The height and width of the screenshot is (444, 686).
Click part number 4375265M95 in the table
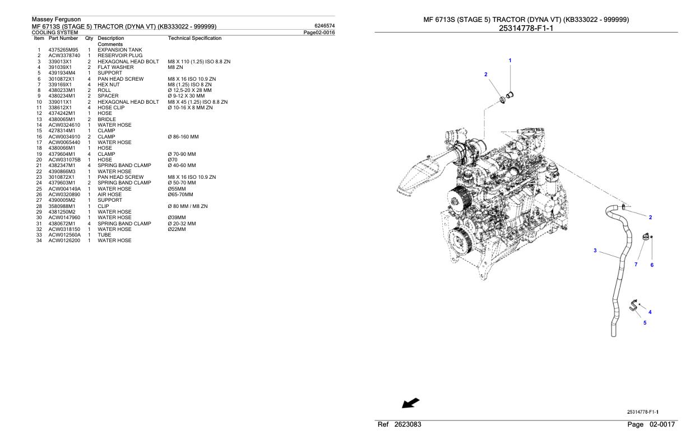coord(63,50)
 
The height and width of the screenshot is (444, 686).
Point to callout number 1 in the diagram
coord(509,60)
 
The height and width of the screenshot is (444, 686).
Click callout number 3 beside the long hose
coord(595,250)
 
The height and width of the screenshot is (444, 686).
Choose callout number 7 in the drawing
coord(636,265)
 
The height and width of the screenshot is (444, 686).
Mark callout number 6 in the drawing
coord(652,265)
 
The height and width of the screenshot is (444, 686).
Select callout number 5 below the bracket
coord(645,322)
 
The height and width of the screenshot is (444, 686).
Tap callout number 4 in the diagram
coord(650,312)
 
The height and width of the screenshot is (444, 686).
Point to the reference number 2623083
coord(407,425)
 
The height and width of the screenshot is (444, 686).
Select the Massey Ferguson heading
coord(57,20)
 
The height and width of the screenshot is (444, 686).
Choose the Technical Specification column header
coord(194,38)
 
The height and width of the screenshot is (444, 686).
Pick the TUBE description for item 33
coord(105,234)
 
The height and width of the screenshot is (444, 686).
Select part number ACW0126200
coord(64,240)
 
